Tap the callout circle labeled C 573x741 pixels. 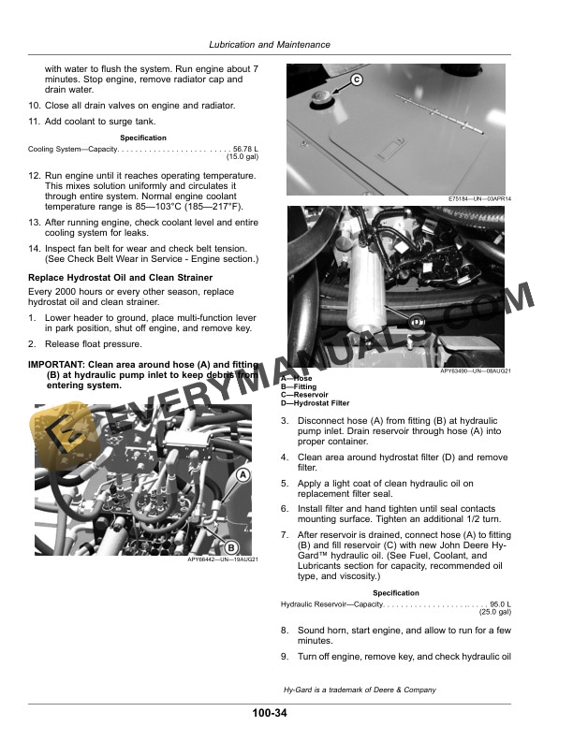coord(356,81)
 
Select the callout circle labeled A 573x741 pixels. coord(243,475)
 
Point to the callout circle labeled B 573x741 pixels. coord(231,548)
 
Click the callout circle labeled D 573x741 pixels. coord(418,322)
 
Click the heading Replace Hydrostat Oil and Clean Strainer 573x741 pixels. coord(119,278)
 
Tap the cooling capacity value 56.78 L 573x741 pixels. coord(245,149)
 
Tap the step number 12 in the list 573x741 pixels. coord(35,175)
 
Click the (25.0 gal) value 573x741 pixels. coord(494,612)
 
